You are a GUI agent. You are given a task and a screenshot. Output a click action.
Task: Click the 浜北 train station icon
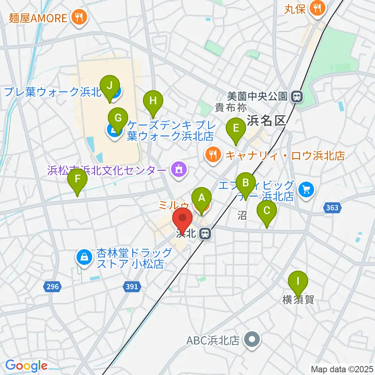click(204, 234)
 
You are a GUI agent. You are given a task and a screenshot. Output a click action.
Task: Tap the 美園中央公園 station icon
click(298, 96)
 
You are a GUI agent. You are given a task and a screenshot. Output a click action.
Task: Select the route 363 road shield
click(332, 208)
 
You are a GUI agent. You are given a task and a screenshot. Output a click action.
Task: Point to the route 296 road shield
click(53, 287)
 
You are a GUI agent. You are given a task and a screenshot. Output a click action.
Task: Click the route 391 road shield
click(132, 287)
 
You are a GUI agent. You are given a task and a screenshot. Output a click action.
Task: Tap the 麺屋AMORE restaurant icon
click(79, 17)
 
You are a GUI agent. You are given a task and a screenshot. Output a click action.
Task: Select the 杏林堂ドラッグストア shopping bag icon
click(84, 257)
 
